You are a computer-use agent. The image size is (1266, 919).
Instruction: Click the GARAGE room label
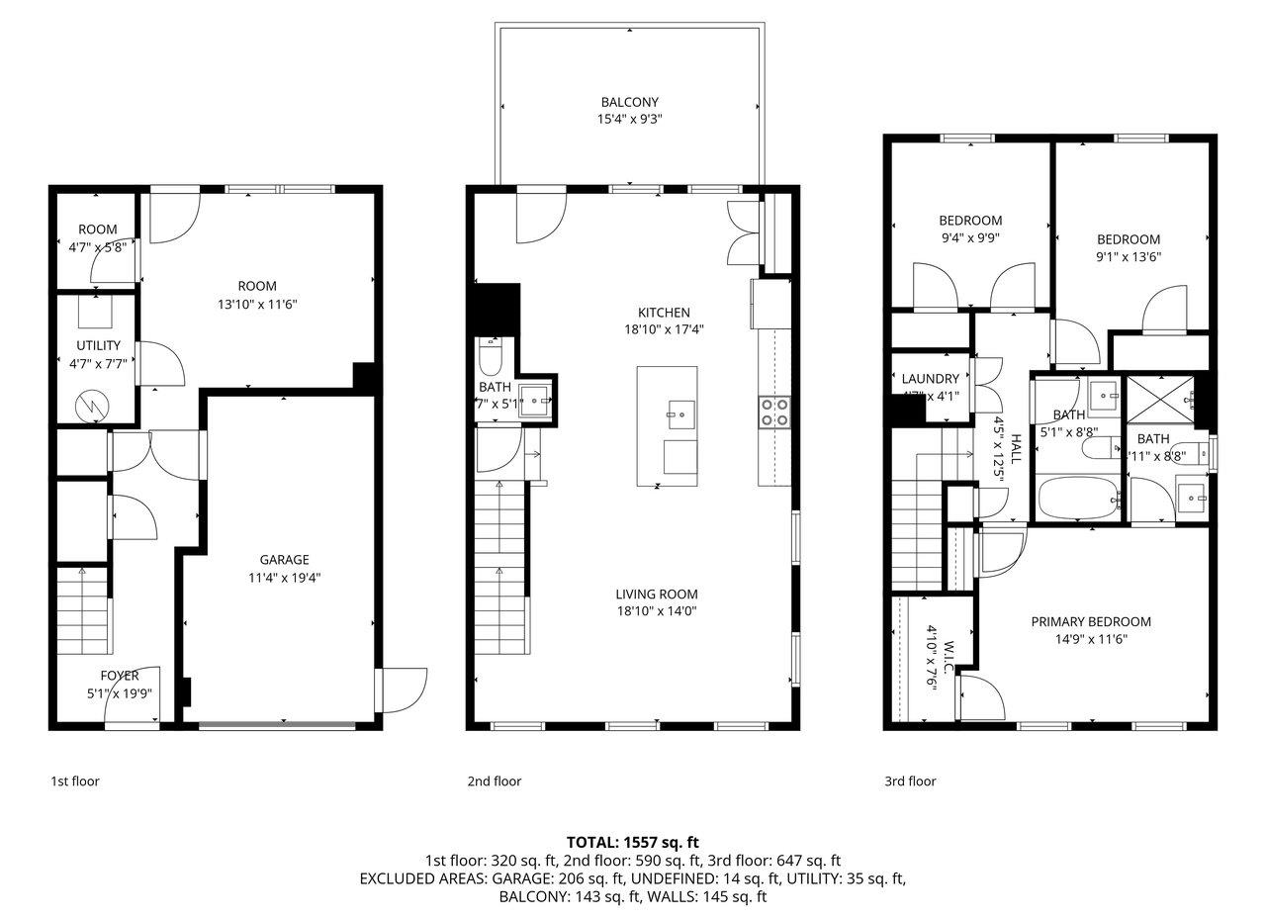284,560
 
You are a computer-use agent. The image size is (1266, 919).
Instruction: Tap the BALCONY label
629,102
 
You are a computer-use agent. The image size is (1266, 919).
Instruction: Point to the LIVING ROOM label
656,595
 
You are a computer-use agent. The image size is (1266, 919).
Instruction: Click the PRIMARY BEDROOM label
1090,622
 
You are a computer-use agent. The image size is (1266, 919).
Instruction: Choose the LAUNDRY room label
930,379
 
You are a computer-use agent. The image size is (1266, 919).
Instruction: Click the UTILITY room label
98,345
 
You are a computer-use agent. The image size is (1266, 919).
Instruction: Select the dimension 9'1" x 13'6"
1128,256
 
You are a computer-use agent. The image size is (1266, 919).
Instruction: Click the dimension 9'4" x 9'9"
969,237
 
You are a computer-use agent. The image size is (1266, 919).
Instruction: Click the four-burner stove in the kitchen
773,411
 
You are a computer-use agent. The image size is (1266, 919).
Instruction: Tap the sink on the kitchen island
678,408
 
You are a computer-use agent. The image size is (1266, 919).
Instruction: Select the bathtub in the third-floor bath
1078,499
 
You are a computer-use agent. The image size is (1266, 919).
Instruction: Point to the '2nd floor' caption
494,781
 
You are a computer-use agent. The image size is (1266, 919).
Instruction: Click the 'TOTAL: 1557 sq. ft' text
632,843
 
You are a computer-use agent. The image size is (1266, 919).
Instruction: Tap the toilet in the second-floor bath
492,356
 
